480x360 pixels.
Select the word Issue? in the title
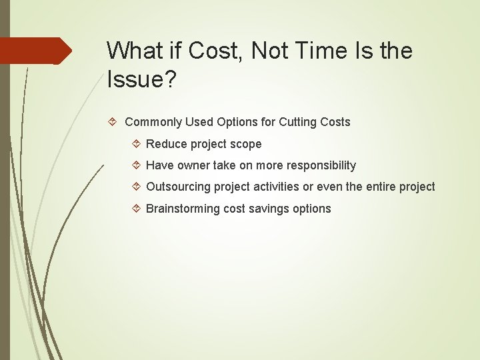click(x=141, y=79)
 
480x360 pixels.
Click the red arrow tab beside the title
click(x=36, y=51)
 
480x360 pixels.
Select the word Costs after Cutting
click(x=335, y=122)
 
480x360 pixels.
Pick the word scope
click(x=246, y=144)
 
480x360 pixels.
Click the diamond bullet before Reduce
click(x=136, y=144)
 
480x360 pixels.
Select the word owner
click(x=192, y=165)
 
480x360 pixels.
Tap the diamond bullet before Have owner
click(x=136, y=165)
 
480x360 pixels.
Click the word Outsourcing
click(x=178, y=187)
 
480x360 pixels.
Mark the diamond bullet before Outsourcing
click(x=136, y=187)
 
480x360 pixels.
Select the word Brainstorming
click(x=183, y=209)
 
